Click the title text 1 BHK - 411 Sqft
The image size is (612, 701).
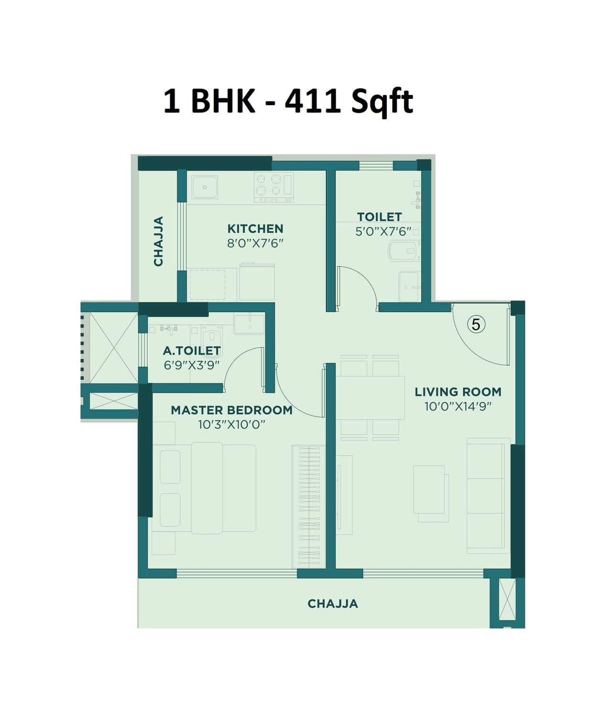(x=288, y=101)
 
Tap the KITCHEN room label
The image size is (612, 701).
(x=255, y=228)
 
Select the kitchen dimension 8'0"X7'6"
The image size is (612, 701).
(x=255, y=243)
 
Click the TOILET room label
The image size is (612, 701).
(x=379, y=217)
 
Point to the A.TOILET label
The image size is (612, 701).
(x=191, y=351)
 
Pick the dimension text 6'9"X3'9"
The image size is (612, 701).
(x=191, y=365)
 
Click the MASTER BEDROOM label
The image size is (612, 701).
(x=231, y=410)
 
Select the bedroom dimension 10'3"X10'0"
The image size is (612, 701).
(x=231, y=424)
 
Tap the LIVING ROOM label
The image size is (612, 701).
(x=458, y=392)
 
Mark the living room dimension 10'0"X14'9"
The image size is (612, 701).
(x=458, y=407)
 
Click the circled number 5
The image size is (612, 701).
(x=476, y=324)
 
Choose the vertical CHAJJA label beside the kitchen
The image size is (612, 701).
(x=158, y=241)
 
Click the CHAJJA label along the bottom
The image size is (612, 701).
(x=333, y=604)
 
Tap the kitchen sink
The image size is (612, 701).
(x=205, y=187)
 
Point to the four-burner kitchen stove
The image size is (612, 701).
(x=273, y=186)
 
